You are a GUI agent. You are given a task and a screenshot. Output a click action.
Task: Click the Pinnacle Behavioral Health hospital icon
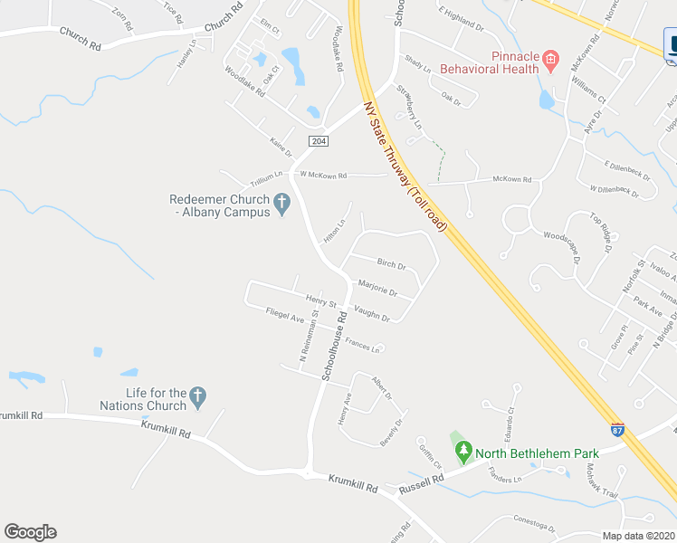[549, 62]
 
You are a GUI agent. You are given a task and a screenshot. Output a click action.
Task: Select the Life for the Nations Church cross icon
[198, 396]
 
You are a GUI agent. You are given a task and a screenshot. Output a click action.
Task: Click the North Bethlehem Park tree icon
[463, 449]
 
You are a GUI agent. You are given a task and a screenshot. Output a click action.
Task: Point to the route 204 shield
[318, 141]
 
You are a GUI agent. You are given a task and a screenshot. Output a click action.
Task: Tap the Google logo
[30, 532]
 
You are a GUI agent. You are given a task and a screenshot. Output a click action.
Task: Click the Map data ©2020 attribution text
[638, 536]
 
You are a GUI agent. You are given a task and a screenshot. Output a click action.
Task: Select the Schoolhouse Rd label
[334, 346]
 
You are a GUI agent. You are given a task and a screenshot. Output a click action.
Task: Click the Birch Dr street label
[392, 265]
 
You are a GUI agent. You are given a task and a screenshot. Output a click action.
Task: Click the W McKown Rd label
[323, 175]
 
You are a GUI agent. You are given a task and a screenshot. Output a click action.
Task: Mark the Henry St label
[320, 300]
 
